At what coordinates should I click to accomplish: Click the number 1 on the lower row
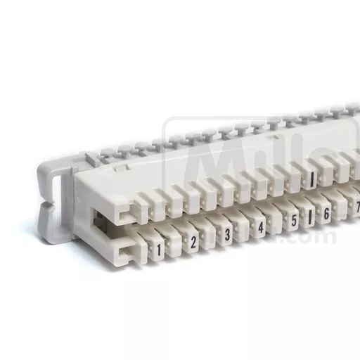(160, 250)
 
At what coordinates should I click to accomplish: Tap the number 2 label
(193, 243)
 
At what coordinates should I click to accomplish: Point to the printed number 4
(261, 228)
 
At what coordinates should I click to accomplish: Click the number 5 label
(294, 221)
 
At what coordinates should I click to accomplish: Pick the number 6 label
(326, 214)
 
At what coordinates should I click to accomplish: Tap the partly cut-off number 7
(356, 207)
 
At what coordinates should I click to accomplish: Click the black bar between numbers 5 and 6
(310, 217)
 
